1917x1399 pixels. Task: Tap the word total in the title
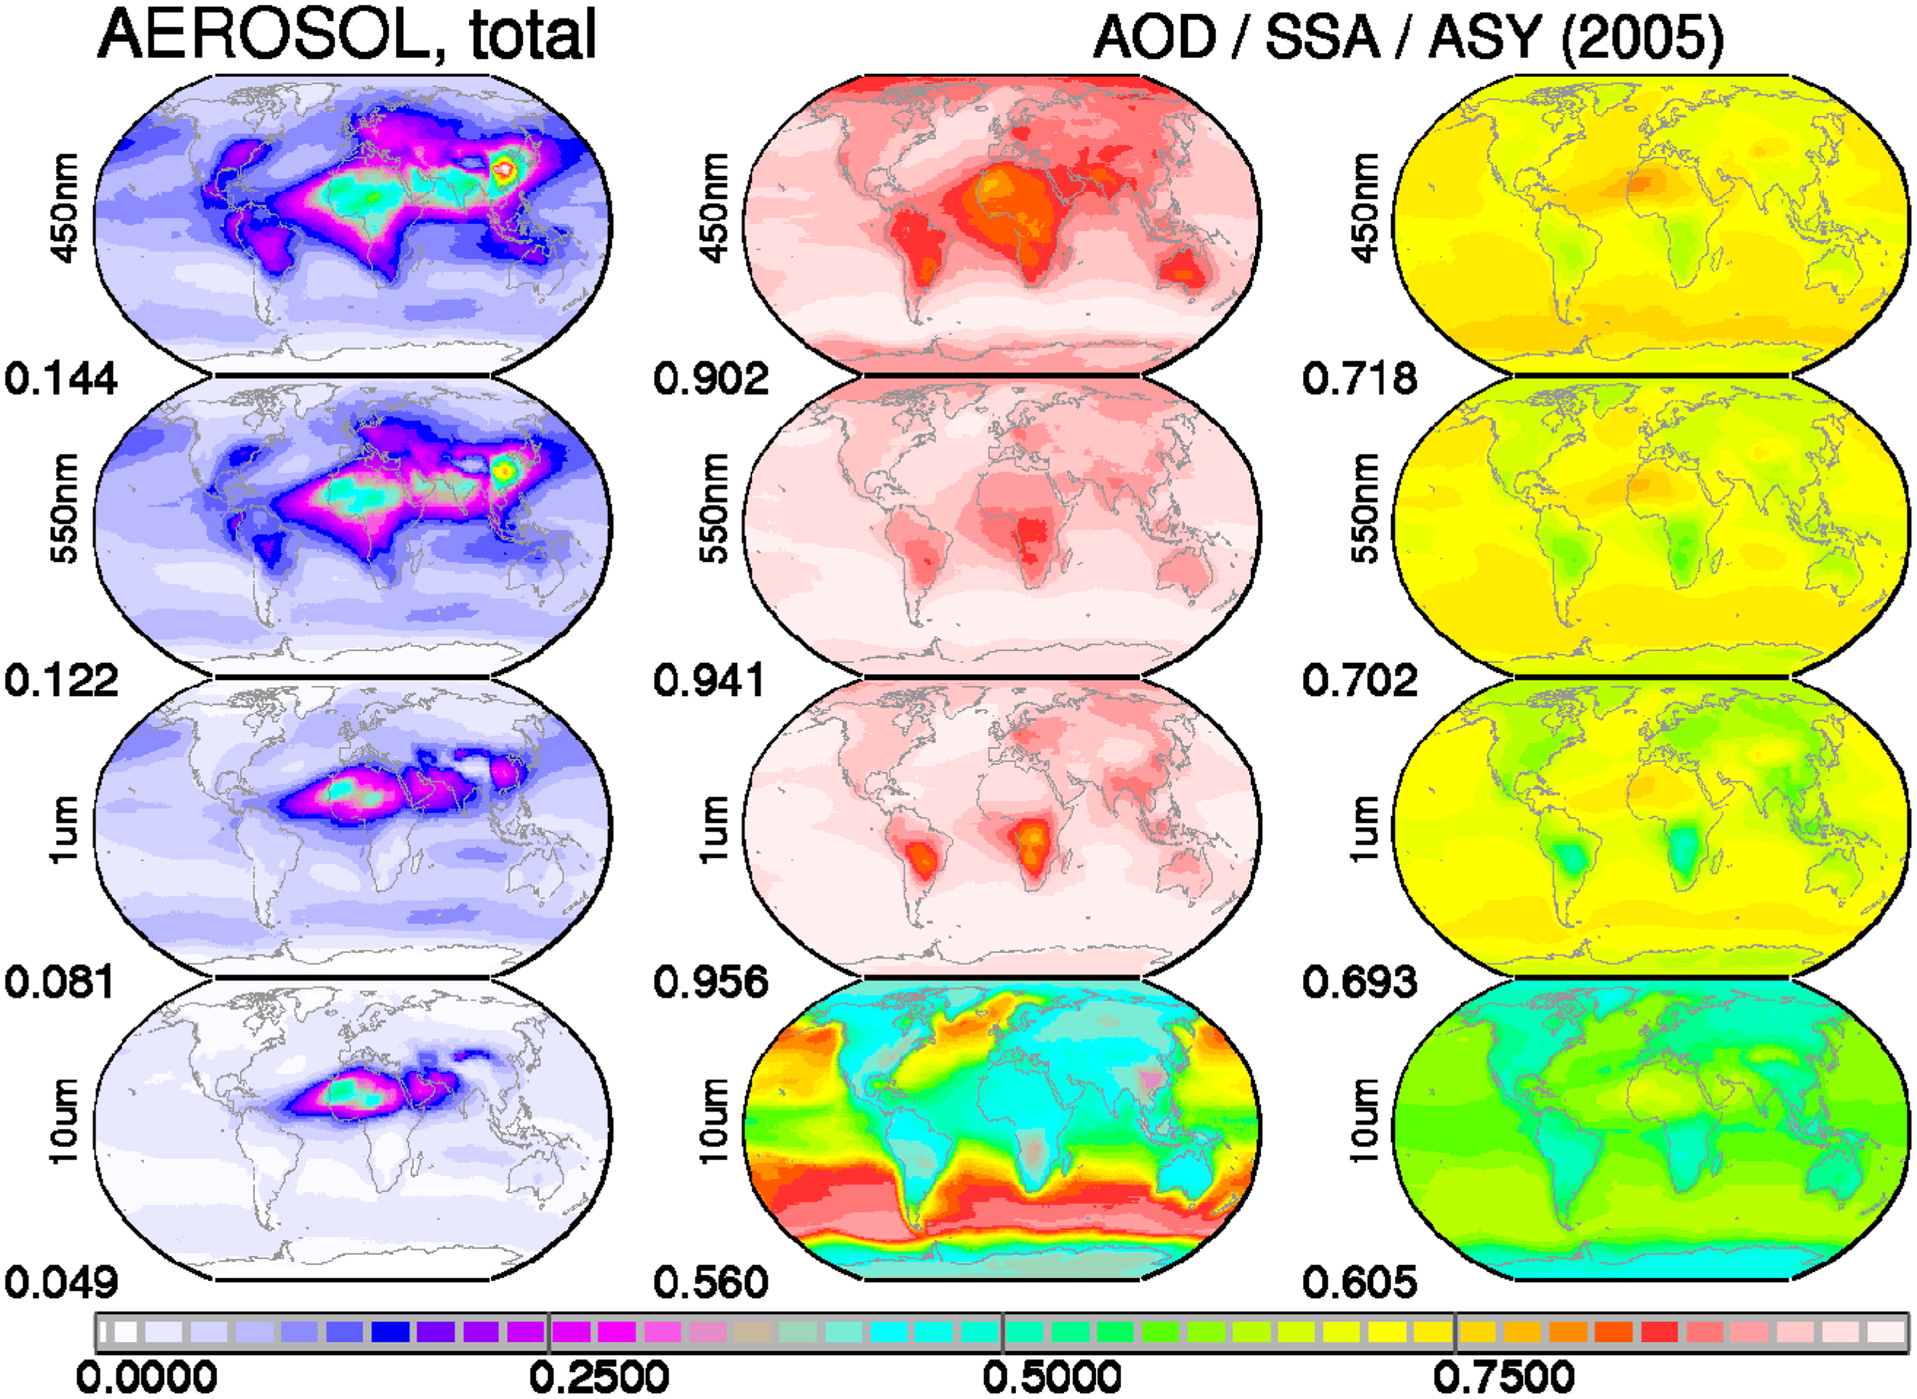pyautogui.click(x=533, y=35)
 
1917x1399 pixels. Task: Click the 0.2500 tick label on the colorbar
pyautogui.click(x=599, y=1377)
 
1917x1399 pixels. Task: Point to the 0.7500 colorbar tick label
pyautogui.click(x=1505, y=1377)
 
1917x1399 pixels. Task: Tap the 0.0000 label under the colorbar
pyautogui.click(x=146, y=1377)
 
